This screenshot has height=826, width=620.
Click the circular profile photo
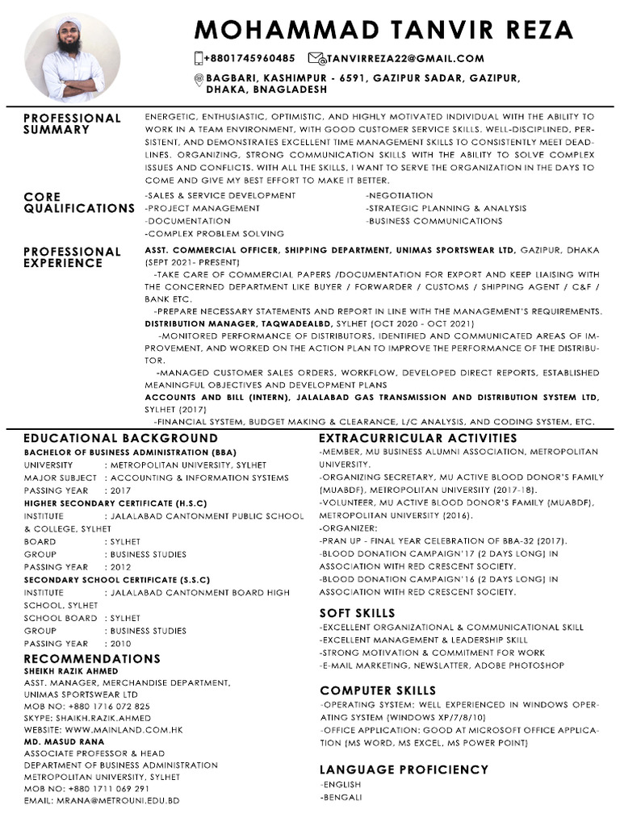click(x=72, y=58)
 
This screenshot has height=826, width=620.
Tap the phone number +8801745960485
click(x=249, y=58)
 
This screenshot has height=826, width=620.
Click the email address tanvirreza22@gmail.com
click(x=407, y=58)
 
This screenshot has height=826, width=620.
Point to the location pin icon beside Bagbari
click(x=199, y=78)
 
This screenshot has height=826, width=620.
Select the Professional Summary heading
click(x=72, y=123)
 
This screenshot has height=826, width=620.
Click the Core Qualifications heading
click(x=78, y=202)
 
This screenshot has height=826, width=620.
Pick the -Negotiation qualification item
click(x=400, y=196)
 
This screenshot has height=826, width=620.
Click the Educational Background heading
click(x=120, y=438)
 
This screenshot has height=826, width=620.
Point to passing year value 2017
click(x=120, y=490)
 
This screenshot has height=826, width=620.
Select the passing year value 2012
click(x=120, y=567)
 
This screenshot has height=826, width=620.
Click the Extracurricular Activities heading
click(x=418, y=438)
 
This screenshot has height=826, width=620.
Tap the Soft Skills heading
click(x=357, y=613)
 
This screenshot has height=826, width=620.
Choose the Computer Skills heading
click(x=378, y=690)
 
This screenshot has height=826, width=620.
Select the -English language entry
click(x=341, y=784)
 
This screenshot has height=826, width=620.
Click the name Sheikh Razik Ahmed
click(x=71, y=670)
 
